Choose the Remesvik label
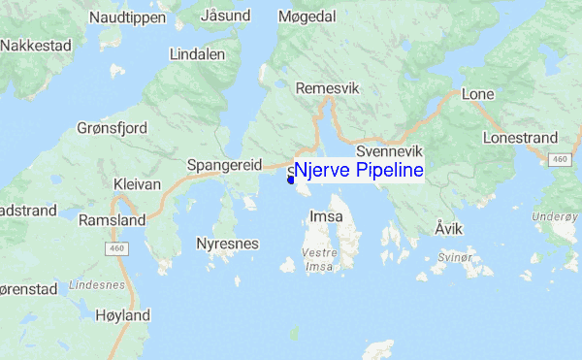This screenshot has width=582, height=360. point(327,88)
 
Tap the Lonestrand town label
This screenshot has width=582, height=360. point(520,139)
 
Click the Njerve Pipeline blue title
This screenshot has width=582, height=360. point(359,172)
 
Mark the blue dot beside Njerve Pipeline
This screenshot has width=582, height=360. point(291,179)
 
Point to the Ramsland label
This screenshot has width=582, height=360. point(113,220)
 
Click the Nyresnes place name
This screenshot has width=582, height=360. point(227,244)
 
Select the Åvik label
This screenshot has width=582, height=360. point(449,229)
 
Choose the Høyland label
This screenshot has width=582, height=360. point(123,315)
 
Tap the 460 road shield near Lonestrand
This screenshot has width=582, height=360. point(558,158)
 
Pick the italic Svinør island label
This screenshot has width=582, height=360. point(454,258)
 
